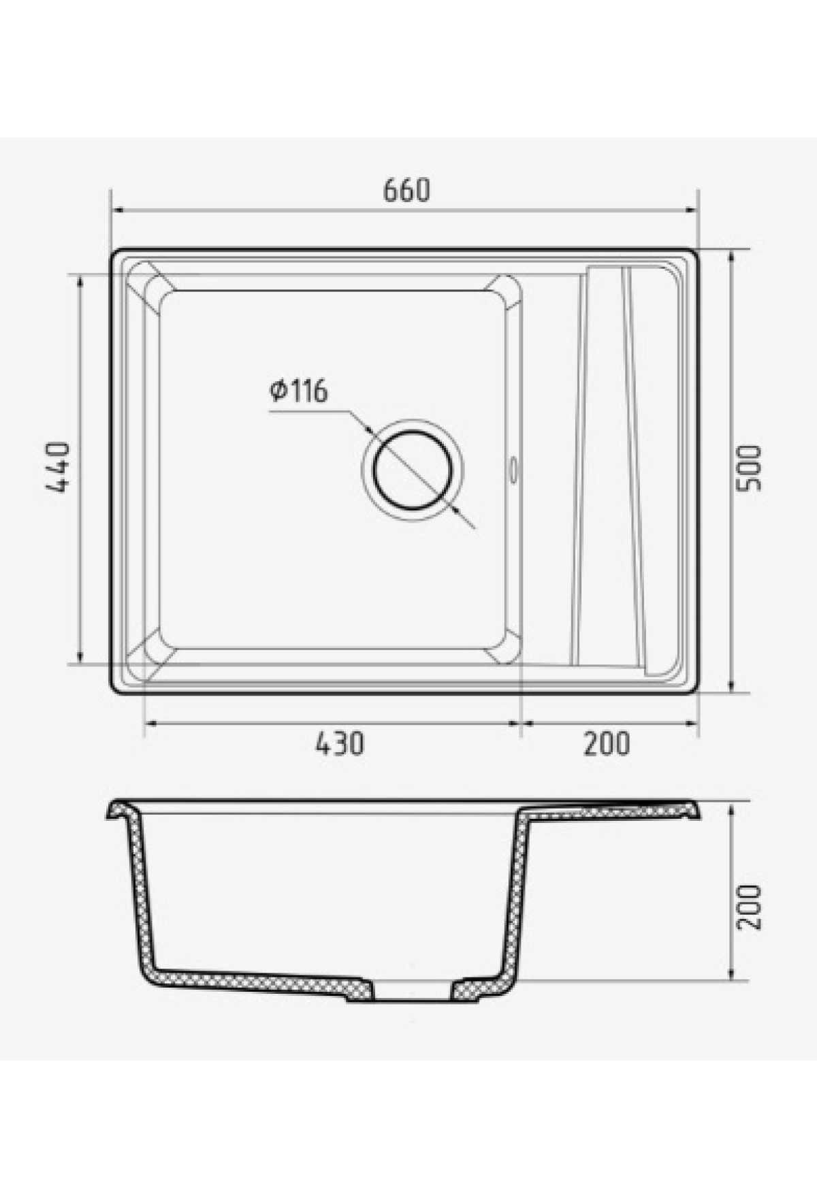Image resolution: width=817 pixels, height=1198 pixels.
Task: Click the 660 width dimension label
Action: (x=406, y=191)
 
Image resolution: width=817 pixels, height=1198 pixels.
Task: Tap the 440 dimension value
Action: (x=57, y=468)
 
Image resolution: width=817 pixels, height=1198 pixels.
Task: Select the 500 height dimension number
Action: (x=750, y=468)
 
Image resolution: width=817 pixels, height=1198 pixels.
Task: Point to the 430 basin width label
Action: (x=339, y=743)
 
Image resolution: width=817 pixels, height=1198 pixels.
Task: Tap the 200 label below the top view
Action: (x=606, y=743)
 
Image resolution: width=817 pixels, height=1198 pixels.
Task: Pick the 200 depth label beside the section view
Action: (x=750, y=907)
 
